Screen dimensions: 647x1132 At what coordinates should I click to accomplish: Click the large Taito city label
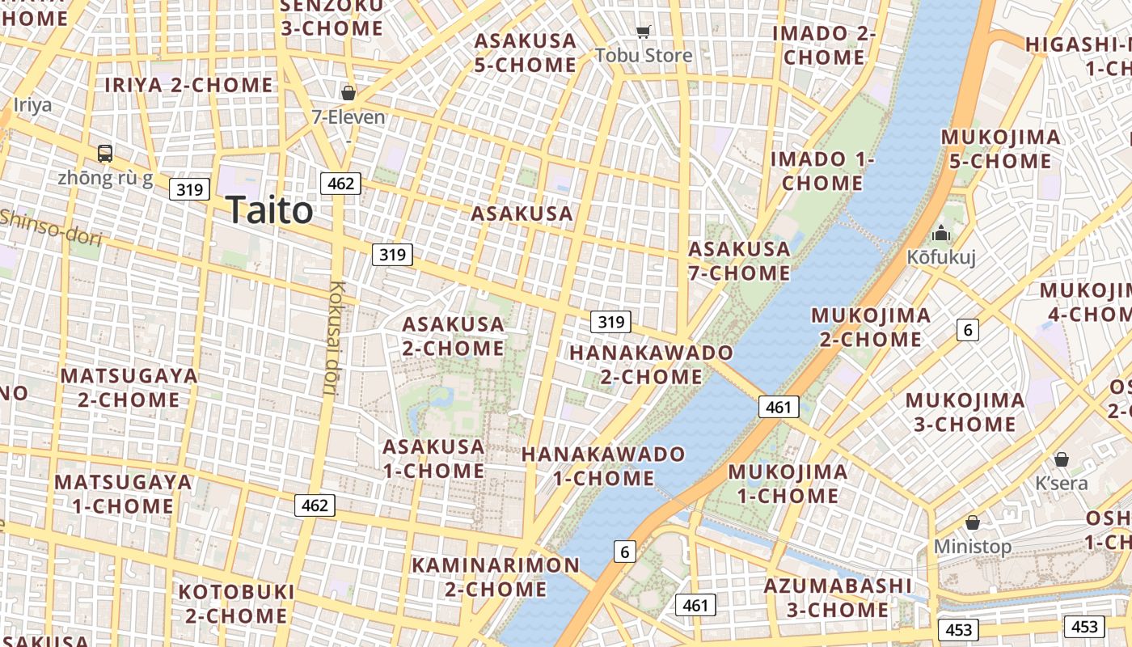click(269, 210)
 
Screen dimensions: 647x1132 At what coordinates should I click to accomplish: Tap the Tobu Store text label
click(644, 55)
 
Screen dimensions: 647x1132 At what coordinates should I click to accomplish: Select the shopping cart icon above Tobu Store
click(643, 32)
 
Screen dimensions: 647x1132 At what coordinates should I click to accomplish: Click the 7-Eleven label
click(348, 117)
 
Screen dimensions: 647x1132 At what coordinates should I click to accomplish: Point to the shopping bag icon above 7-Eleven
click(348, 93)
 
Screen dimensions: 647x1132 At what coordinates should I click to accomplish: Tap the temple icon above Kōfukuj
click(940, 234)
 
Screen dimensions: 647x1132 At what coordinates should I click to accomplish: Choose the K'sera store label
click(1062, 483)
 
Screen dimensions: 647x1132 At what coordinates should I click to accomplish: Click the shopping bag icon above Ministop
click(972, 522)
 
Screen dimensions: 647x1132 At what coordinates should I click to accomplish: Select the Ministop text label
click(972, 547)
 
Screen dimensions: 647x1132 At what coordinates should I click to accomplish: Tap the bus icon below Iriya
click(105, 153)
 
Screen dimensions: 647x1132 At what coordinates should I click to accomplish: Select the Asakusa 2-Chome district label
click(454, 336)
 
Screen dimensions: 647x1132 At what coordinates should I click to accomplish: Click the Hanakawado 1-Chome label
click(603, 466)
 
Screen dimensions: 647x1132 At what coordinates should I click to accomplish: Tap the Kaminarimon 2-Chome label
click(496, 577)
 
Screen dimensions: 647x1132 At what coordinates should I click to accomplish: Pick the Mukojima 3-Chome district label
click(965, 412)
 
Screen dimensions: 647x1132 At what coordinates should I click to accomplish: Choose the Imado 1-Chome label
click(822, 171)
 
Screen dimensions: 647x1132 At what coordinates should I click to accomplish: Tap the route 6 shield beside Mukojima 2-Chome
click(968, 329)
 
